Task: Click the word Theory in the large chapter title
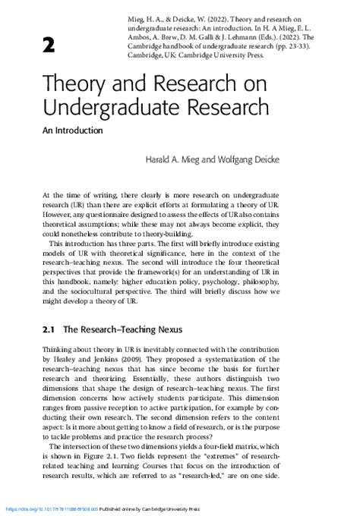tap(73, 83)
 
